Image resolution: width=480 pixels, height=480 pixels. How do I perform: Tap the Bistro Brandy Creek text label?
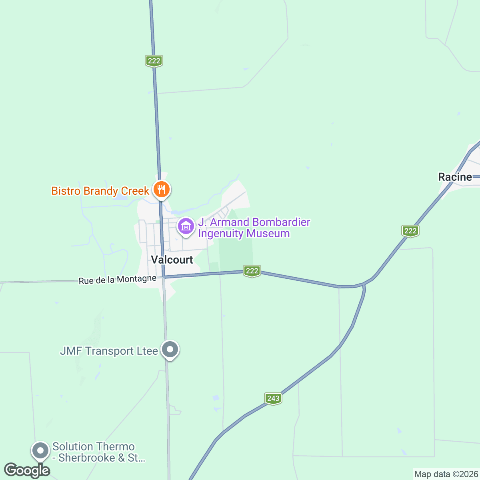pyautogui.click(x=100, y=191)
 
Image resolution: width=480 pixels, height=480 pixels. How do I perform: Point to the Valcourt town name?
pyautogui.click(x=172, y=260)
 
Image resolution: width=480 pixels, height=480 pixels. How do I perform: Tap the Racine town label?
pyautogui.click(x=455, y=177)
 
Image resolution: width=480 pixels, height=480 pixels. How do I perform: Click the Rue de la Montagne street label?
pyautogui.click(x=117, y=280)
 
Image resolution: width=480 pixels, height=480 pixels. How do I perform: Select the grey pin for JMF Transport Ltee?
pyautogui.click(x=170, y=350)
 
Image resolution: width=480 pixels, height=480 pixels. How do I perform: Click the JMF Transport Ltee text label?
pyautogui.click(x=109, y=351)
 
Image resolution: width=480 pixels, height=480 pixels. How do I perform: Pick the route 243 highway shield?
pyautogui.click(x=273, y=398)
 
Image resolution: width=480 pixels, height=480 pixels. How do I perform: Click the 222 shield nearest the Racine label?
pyautogui.click(x=410, y=231)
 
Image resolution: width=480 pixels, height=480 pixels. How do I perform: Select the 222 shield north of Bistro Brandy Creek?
pyautogui.click(x=154, y=61)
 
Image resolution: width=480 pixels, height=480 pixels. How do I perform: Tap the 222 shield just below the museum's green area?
pyautogui.click(x=252, y=271)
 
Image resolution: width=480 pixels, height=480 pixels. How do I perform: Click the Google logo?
pyautogui.click(x=27, y=470)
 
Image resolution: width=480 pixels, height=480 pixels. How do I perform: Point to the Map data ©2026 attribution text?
pyautogui.click(x=446, y=474)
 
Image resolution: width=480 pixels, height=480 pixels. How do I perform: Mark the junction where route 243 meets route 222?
pyautogui.click(x=364, y=285)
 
